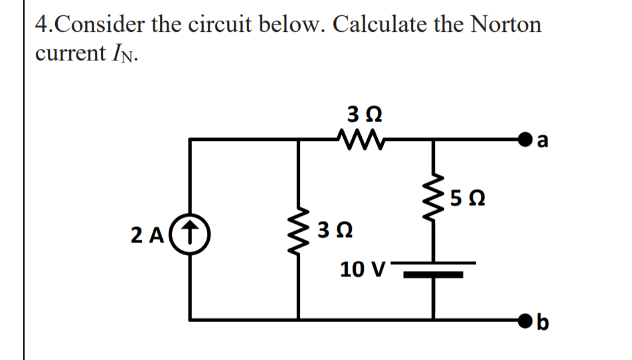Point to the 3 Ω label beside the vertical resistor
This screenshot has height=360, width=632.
click(335, 233)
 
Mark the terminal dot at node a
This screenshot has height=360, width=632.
click(530, 140)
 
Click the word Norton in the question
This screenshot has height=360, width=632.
click(506, 25)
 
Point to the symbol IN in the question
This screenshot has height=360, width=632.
click(121, 54)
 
